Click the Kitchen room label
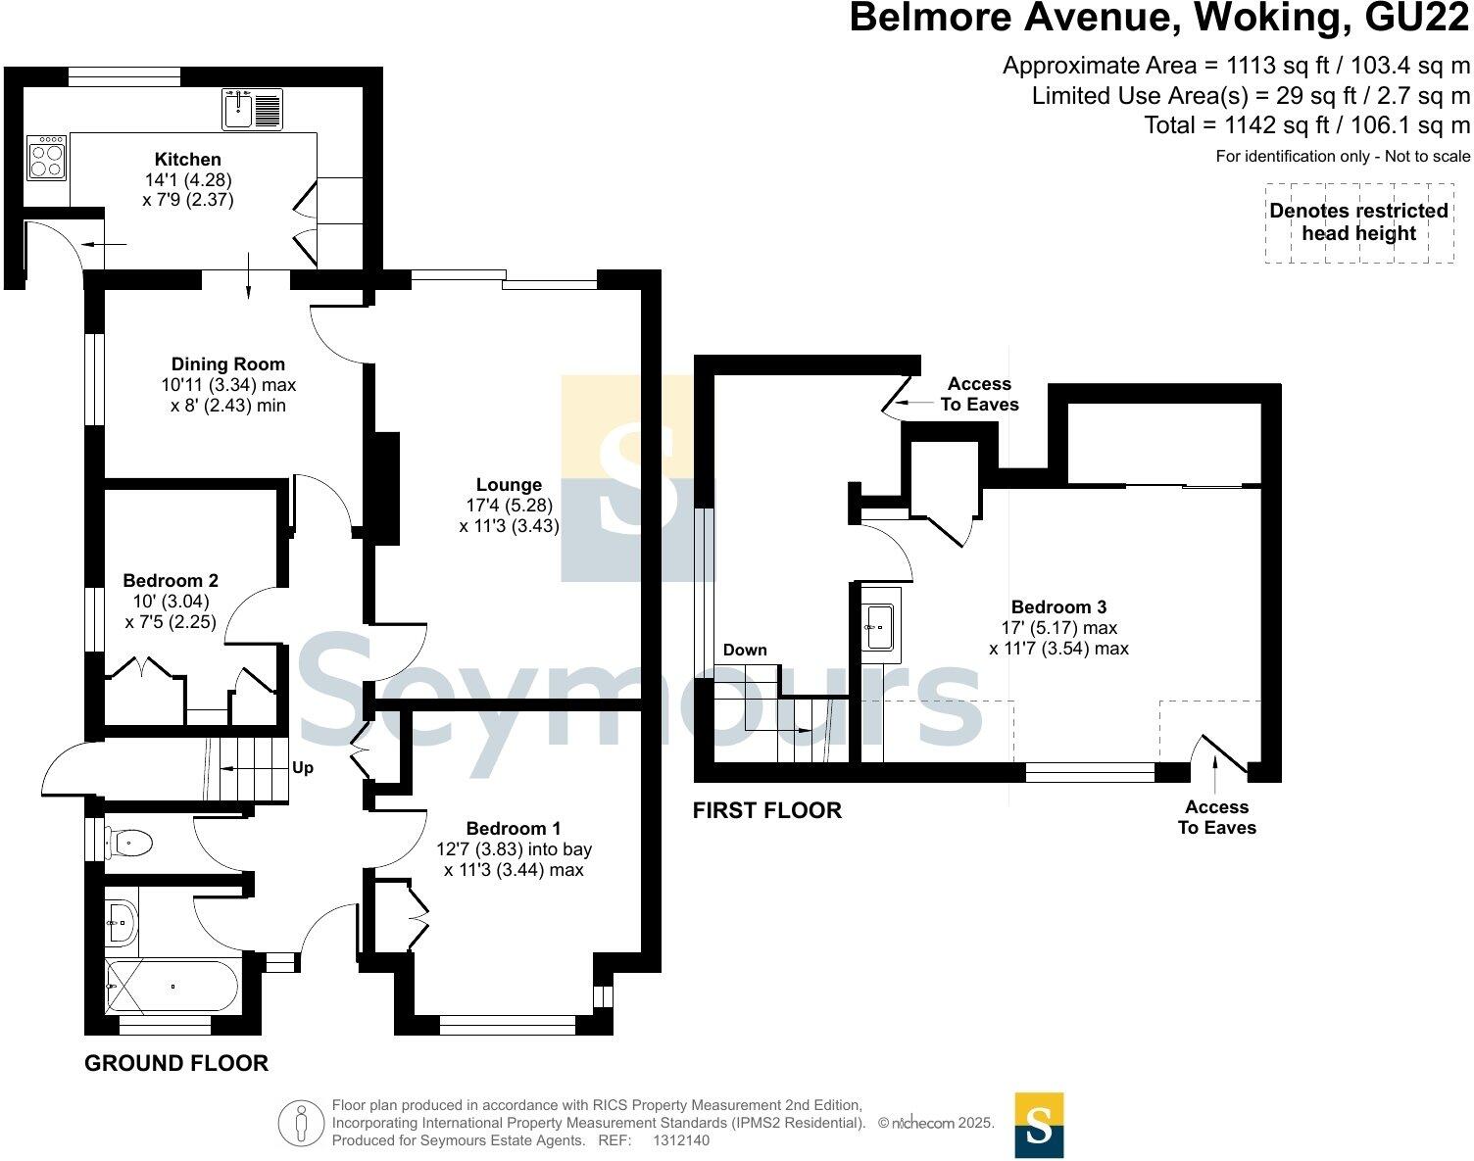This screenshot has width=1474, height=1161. click(x=188, y=159)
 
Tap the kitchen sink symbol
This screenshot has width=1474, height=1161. click(x=252, y=109)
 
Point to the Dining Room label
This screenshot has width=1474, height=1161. click(x=228, y=364)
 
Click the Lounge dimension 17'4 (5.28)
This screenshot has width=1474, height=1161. click(x=509, y=506)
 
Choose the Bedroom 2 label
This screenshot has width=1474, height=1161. click(x=170, y=580)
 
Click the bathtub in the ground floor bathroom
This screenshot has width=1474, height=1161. click(x=172, y=986)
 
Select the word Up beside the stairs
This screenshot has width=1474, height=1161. click(x=303, y=768)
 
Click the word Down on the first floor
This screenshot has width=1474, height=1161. click(x=745, y=650)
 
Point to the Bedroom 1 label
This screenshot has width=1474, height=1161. click(x=514, y=829)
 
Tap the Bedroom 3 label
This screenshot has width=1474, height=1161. click(x=1058, y=607)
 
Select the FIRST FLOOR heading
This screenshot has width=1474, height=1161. click(x=766, y=810)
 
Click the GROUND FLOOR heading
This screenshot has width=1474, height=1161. click(x=176, y=1063)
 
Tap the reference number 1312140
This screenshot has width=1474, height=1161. click(x=680, y=1140)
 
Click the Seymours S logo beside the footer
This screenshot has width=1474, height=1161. click(x=1039, y=1126)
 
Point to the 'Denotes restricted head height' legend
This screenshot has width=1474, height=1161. click(x=1358, y=222)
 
